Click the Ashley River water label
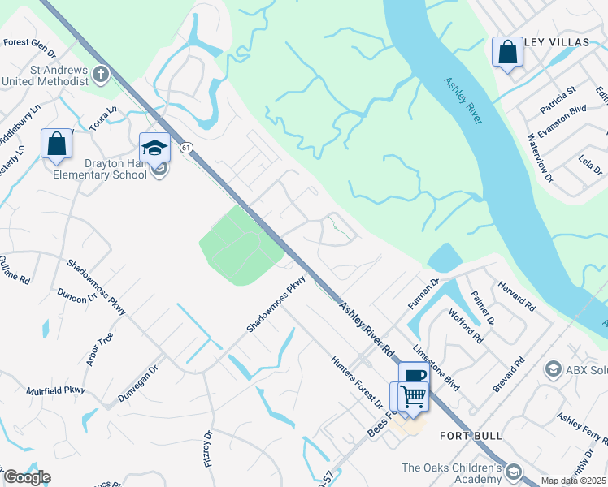(463, 101)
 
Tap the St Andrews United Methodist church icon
(100, 75)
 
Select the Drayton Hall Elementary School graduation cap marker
(154, 148)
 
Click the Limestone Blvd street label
(436, 365)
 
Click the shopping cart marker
(414, 396)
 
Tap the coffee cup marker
(414, 375)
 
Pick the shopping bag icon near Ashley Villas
(507, 53)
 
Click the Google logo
(26, 477)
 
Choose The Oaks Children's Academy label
(451, 473)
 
